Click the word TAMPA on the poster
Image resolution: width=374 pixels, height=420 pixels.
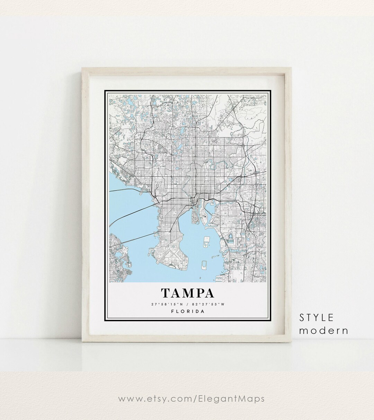187,293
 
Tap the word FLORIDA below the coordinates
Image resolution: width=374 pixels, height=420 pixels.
188,311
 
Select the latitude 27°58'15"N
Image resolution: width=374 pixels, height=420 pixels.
165,304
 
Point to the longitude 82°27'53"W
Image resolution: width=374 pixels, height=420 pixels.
209,304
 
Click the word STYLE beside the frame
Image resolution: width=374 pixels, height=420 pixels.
317,317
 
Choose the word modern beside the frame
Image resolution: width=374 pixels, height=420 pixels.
323,330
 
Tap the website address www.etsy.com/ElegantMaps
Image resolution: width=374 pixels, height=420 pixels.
191,399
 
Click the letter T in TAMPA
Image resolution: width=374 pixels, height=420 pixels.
165,293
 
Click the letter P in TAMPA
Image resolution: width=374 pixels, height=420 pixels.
199,293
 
